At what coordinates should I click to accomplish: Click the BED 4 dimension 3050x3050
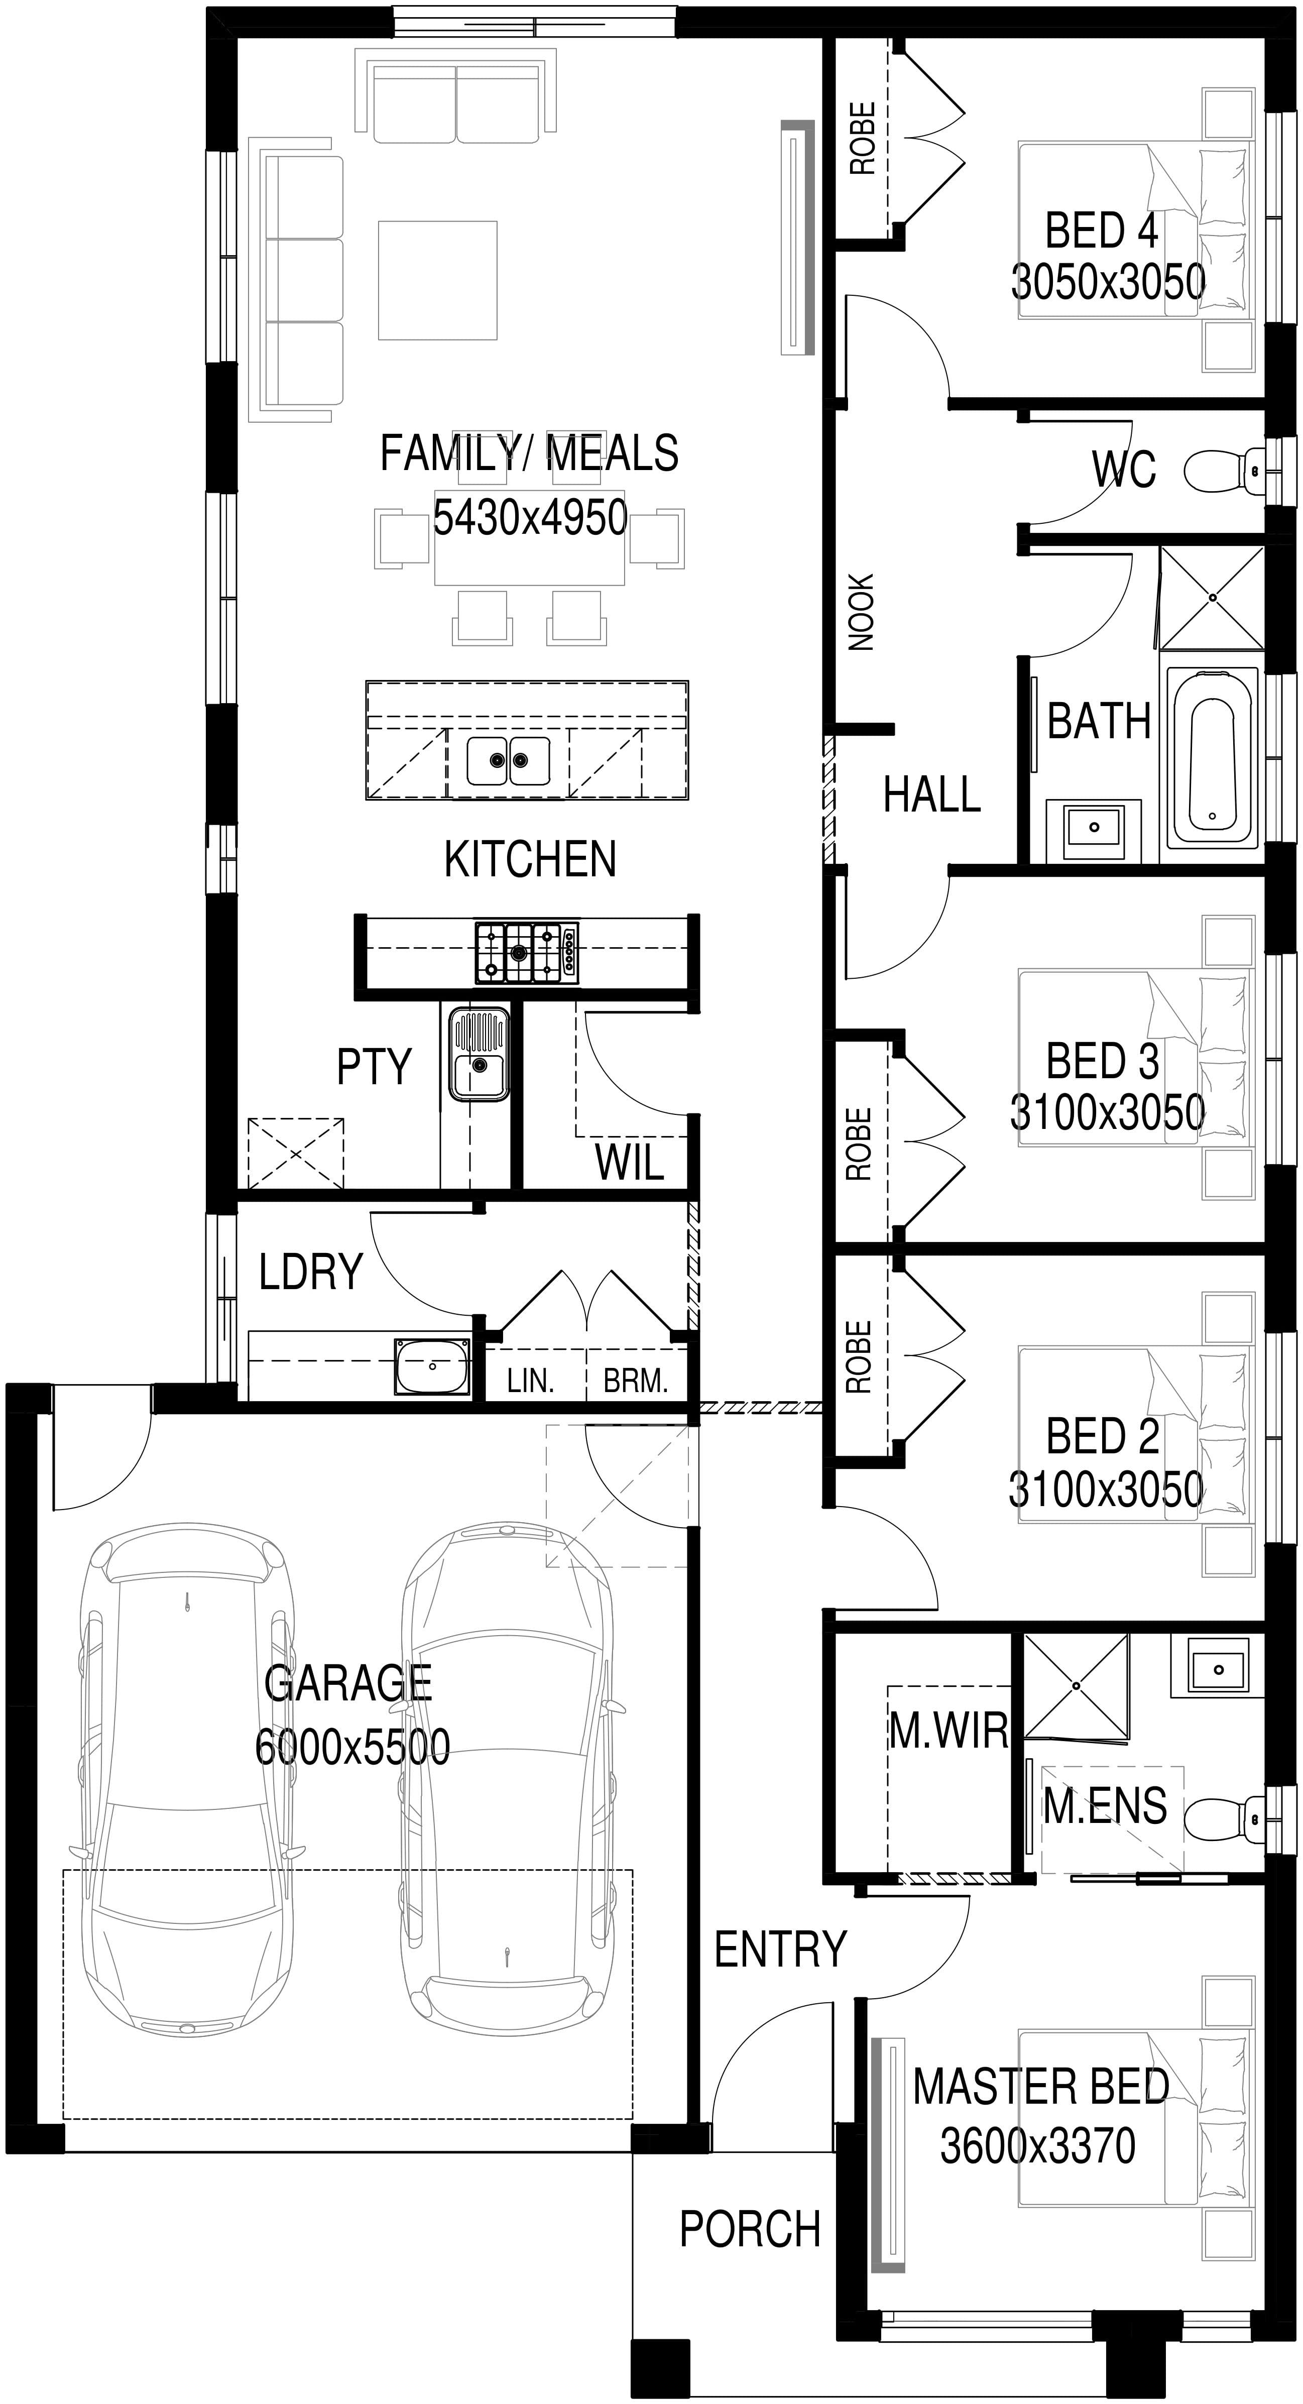pyautogui.click(x=1108, y=282)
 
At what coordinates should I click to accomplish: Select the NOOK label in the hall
pyautogui.click(x=861, y=612)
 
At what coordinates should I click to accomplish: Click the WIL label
pyautogui.click(x=629, y=1162)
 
